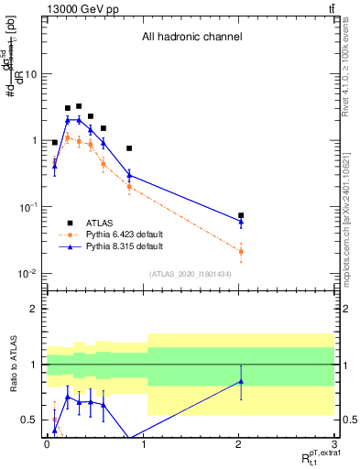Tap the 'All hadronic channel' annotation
click(x=191, y=38)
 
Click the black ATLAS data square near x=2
click(x=241, y=216)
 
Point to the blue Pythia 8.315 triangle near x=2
click(x=241, y=222)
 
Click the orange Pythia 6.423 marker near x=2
click(x=241, y=251)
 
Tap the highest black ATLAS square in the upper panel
click(x=79, y=106)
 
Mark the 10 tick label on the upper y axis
click(x=31, y=74)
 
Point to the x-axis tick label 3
click(x=333, y=442)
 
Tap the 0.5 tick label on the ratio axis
click(x=30, y=420)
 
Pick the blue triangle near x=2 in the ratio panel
click(x=241, y=381)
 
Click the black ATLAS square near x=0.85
click(x=129, y=147)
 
